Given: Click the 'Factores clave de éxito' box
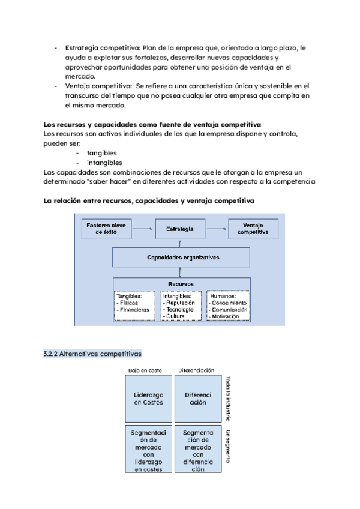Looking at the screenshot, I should click(x=106, y=229).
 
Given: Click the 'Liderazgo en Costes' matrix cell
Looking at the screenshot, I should click(x=148, y=399).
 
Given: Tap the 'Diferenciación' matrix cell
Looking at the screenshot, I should click(x=197, y=399).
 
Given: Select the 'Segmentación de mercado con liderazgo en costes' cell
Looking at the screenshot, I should click(x=148, y=449).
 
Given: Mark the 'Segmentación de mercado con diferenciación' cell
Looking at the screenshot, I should click(x=197, y=449).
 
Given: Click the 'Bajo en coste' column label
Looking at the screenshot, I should click(x=145, y=371).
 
